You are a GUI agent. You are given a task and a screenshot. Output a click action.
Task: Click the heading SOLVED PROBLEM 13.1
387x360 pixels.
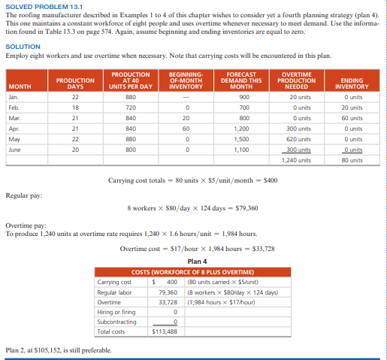click(x=37, y=7)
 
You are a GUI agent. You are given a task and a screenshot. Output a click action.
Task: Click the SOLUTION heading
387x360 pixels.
click(x=23, y=47)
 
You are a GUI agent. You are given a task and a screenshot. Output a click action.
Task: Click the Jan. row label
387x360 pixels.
click(x=14, y=97)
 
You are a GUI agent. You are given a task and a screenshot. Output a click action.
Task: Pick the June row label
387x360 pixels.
click(x=14, y=150)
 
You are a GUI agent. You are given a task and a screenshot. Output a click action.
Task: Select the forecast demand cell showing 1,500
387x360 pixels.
click(x=243, y=139)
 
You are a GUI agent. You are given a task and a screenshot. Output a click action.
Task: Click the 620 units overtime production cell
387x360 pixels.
click(x=300, y=139)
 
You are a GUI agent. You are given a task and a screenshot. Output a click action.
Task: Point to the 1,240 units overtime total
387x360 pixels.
click(x=300, y=160)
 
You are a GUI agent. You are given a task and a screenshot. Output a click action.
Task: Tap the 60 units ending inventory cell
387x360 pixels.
click(x=351, y=118)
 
